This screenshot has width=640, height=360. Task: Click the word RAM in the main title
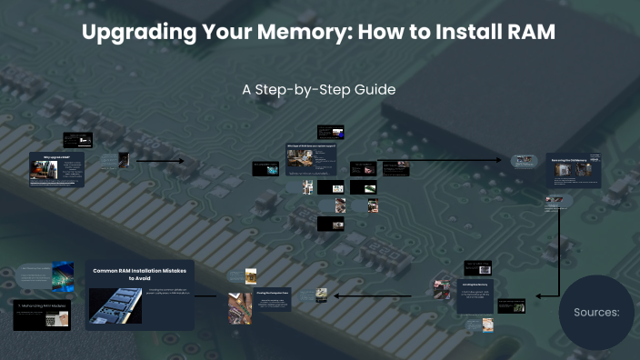coord(528,33)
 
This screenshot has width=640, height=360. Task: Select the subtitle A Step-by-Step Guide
coord(319,91)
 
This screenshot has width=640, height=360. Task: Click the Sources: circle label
coord(595,312)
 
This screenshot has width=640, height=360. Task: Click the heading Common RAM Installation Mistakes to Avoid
coord(142,275)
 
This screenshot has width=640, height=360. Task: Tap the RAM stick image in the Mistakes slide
coord(115,305)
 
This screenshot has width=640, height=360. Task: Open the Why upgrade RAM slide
coord(56,169)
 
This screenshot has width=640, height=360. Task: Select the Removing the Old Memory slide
coord(573,170)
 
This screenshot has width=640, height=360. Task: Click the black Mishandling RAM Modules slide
coord(42,313)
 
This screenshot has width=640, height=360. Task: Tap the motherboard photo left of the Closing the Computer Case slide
coord(241,307)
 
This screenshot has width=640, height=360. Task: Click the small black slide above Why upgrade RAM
coord(78,140)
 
